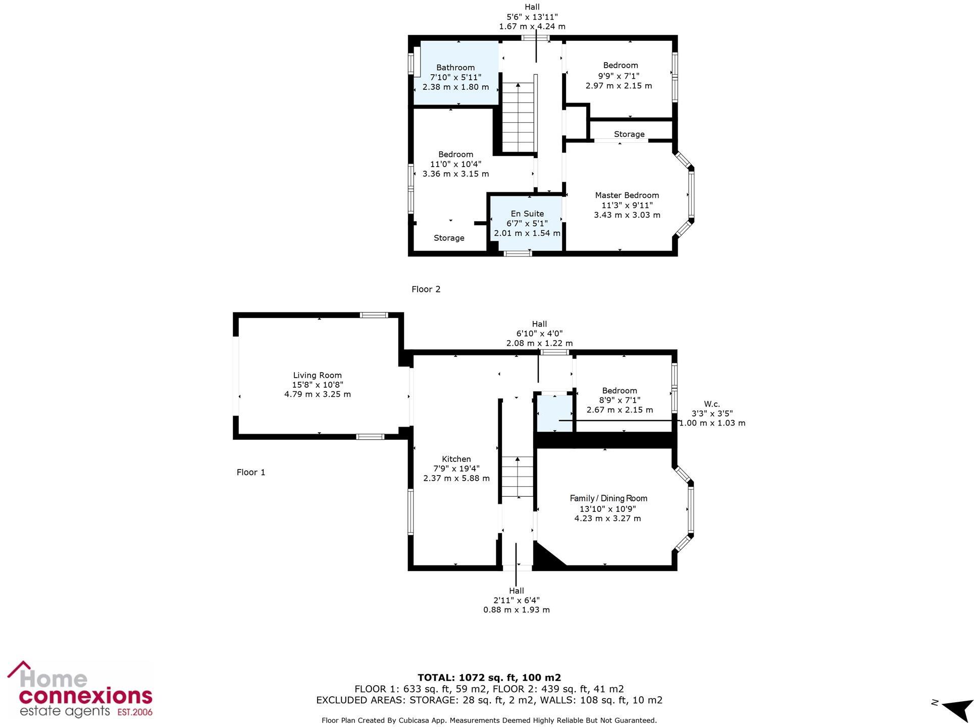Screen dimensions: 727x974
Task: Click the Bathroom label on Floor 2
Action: pos(455,68)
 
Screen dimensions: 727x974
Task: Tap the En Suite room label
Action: pos(527,214)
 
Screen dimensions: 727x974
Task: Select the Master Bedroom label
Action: pos(627,195)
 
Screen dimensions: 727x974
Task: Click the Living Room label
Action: pos(317,375)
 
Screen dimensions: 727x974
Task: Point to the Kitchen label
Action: pos(456,459)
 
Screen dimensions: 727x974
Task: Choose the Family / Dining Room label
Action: pos(608,498)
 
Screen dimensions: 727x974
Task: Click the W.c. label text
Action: pos(711,404)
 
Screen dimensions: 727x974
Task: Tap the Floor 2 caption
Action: pos(426,289)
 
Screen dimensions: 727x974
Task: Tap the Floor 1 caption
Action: pos(250,472)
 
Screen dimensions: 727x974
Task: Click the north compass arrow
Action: pos(956,710)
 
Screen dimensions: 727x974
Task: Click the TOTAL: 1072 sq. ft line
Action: pos(489,678)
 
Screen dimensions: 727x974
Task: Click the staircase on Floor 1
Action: pos(517,477)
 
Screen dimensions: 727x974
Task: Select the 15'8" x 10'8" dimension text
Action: pos(317,385)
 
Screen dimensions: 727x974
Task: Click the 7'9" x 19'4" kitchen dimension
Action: pos(456,469)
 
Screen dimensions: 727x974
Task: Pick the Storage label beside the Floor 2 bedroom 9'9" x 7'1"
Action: pos(629,134)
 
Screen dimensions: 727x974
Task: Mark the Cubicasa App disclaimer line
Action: pos(489,720)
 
